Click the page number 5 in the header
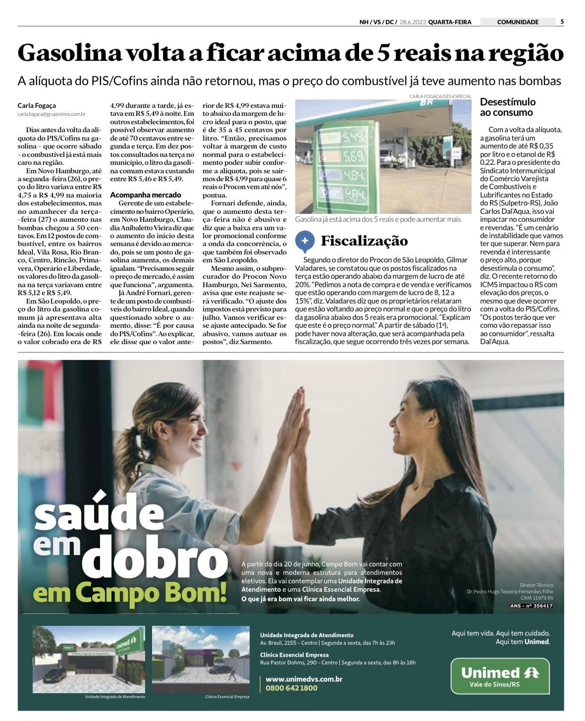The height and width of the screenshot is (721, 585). point(562,22)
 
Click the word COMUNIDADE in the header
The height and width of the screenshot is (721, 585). point(517,22)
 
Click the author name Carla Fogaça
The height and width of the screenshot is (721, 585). point(37,105)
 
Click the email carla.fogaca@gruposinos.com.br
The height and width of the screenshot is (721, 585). point(52,114)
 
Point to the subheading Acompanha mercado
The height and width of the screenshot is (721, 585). point(145,195)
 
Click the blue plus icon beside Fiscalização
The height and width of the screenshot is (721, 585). point(304,241)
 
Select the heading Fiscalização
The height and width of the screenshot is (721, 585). point(364,241)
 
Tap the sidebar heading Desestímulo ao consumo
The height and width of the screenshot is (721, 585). point(508,107)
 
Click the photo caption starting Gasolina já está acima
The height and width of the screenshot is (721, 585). point(377,219)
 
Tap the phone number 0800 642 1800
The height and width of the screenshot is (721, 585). point(291,688)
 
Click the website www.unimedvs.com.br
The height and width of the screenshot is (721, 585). point(304,679)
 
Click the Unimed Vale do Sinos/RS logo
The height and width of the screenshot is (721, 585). point(500,676)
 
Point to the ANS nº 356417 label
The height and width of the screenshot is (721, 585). point(531,606)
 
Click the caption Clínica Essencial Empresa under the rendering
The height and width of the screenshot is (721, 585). point(227,697)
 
